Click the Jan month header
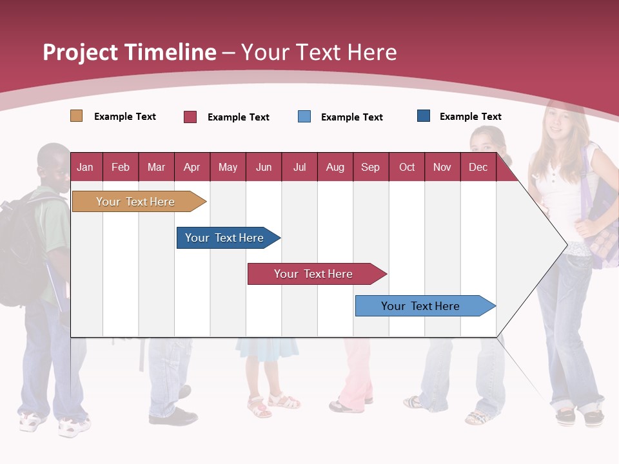click(85, 168)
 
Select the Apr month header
click(192, 168)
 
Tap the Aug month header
click(335, 168)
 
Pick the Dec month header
click(478, 168)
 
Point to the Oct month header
click(407, 168)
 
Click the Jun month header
click(264, 168)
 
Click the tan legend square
click(76, 116)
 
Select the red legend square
click(190, 117)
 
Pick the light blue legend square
click(304, 117)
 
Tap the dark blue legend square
click(424, 116)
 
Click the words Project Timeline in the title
click(130, 52)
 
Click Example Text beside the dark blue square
click(470, 117)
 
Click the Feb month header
click(121, 168)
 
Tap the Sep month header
click(370, 168)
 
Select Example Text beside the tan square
click(125, 117)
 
